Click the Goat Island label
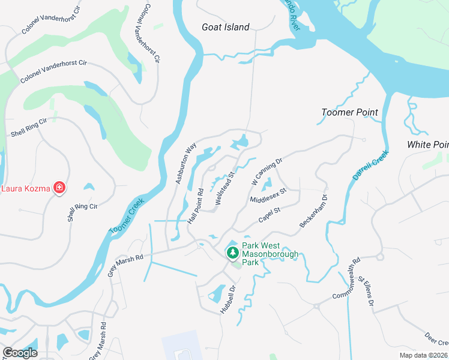point(225,27)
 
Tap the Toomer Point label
point(349,112)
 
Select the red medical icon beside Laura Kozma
point(59,188)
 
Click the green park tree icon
point(232,254)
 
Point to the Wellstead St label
point(223,190)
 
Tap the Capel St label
point(270,214)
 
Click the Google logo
point(20,353)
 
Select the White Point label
point(427,145)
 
